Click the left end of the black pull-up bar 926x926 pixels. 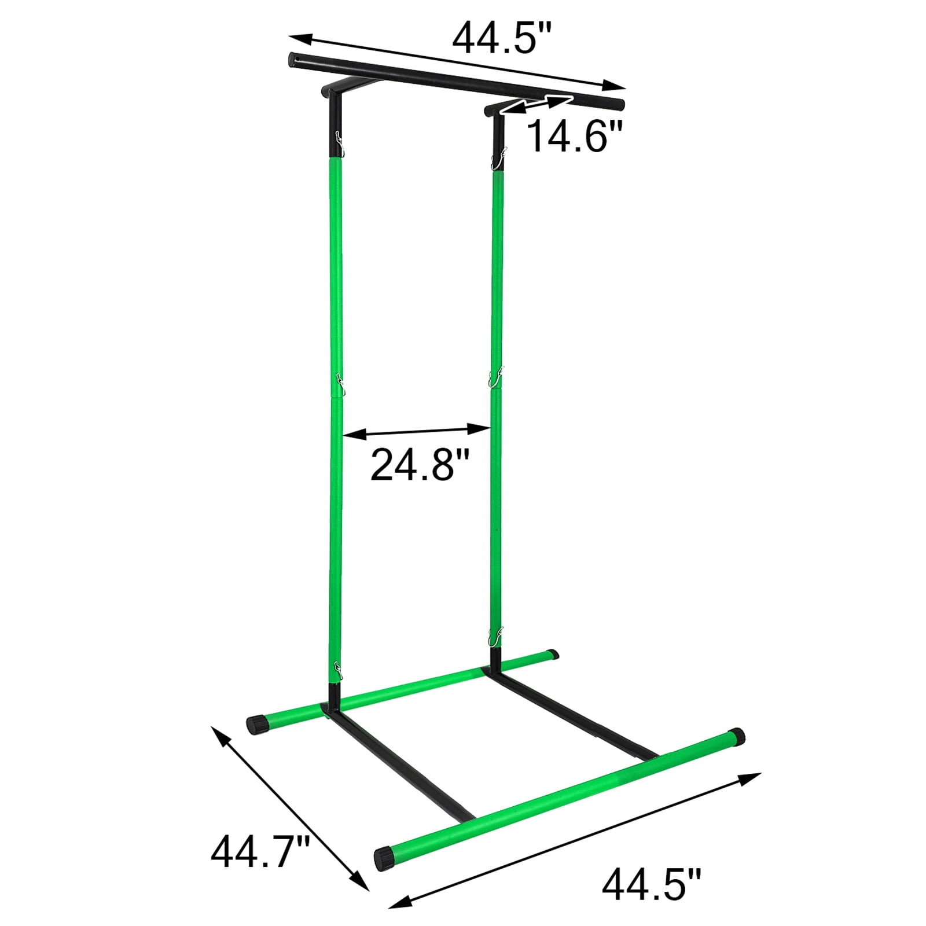click(x=293, y=59)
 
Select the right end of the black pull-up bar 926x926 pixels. click(x=619, y=105)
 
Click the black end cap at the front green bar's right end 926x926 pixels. click(x=737, y=737)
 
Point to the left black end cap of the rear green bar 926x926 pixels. click(x=254, y=724)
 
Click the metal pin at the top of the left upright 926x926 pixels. click(x=340, y=144)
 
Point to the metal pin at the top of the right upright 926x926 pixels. click(x=498, y=157)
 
